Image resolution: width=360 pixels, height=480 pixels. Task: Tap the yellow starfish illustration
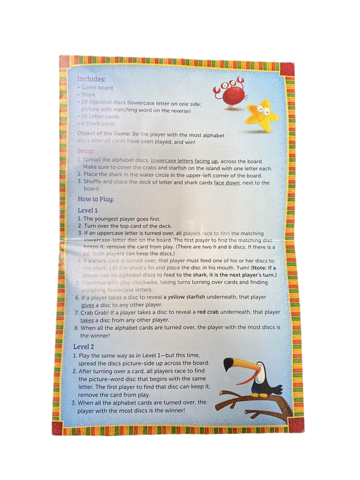pos(261,115)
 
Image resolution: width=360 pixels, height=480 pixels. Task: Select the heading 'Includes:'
pos(92,79)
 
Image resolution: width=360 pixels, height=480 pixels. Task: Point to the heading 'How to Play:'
pos(96,199)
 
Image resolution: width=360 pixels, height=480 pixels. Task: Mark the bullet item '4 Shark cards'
pos(99,124)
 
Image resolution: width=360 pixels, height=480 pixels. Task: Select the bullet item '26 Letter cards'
pos(102,117)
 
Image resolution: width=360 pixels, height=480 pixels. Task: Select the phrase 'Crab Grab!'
pos(98,312)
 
